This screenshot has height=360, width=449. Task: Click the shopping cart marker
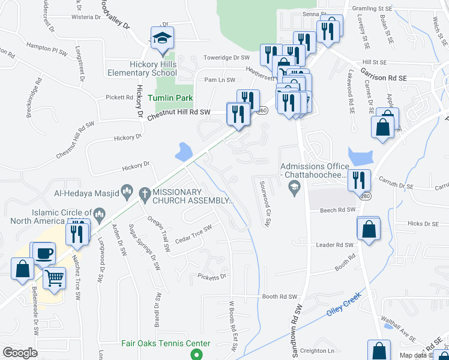tap(55, 277)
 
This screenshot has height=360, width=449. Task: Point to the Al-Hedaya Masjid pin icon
tap(127, 193)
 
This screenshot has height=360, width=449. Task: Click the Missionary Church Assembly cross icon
tap(143, 193)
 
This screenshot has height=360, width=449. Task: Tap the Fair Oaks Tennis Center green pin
tap(195, 354)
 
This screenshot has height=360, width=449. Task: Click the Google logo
tap(20, 352)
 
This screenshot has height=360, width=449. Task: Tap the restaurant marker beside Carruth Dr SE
tap(359, 179)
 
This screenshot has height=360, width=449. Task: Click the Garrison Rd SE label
tap(384, 74)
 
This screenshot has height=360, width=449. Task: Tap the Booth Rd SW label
tap(280, 296)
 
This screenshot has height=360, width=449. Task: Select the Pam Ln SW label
tap(218, 79)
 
